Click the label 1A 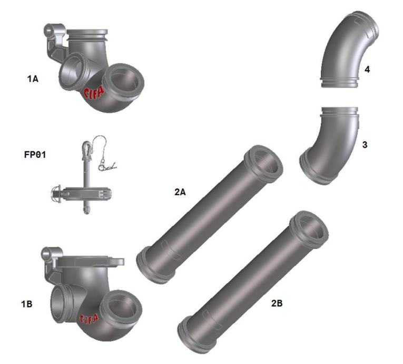coord(33,79)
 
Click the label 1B coord(26,304)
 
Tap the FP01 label coord(35,155)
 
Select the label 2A coord(180,192)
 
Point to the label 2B coord(277,303)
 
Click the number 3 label coord(365,145)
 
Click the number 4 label coord(367,69)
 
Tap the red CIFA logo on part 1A coord(94,93)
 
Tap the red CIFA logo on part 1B coord(89,319)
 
